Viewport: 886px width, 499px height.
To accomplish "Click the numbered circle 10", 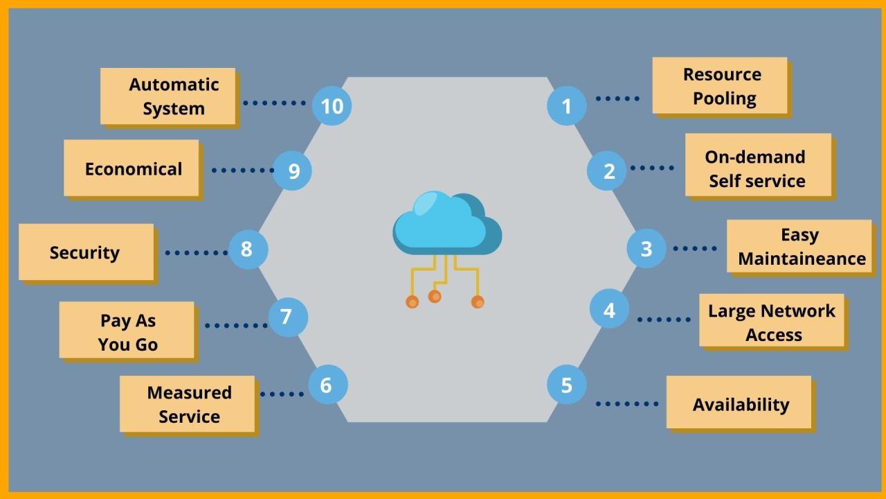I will [332, 106].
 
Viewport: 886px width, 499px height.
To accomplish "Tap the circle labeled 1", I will [566, 106].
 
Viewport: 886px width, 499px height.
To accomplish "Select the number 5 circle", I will [566, 385].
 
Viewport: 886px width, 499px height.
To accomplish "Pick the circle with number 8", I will [247, 249].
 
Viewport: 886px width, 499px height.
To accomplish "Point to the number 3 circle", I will [646, 249].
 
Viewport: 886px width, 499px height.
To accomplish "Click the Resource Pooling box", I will [720, 86].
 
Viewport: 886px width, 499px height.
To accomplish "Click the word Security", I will [84, 252].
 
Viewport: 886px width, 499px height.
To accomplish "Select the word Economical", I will [133, 169].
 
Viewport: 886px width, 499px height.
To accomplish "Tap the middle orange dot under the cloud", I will [435, 297].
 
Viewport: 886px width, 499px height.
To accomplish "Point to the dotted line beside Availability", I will [627, 403].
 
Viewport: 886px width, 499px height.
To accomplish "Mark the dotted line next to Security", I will [196, 253].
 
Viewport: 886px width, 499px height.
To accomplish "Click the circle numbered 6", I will [327, 385].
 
